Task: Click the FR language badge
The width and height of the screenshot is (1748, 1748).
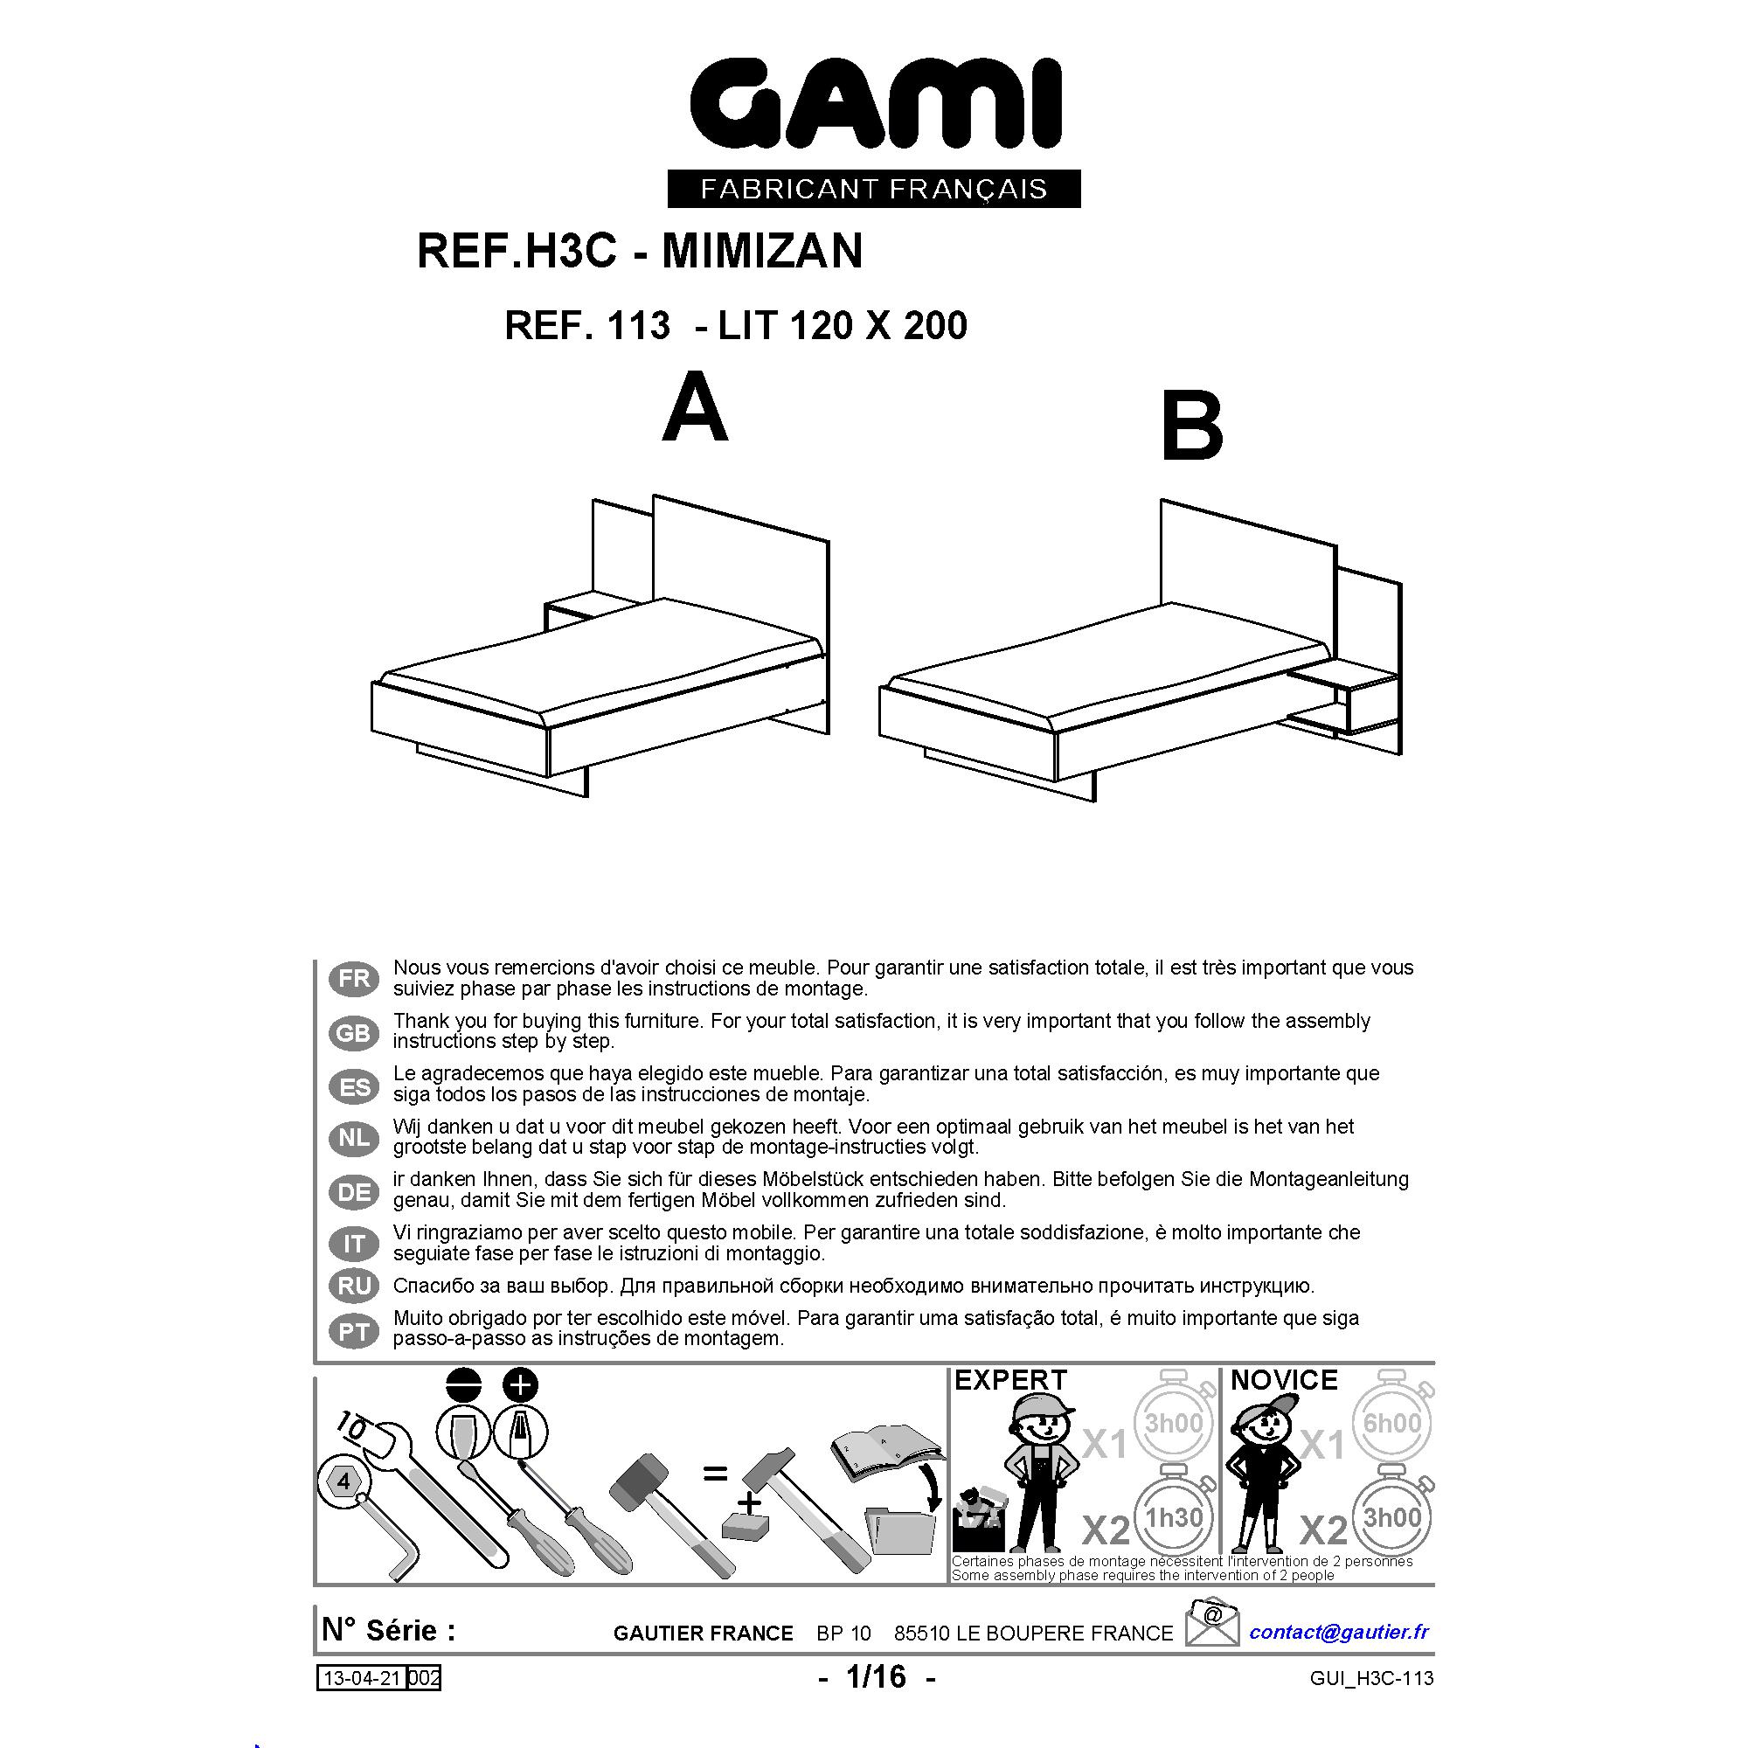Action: (x=355, y=979)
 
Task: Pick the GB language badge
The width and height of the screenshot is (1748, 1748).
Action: (x=355, y=1032)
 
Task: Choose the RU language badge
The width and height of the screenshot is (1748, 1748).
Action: (x=355, y=1286)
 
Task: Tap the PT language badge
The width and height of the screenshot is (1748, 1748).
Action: (x=355, y=1332)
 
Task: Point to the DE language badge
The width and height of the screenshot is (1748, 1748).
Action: (x=355, y=1192)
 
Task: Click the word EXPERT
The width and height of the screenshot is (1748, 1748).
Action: (x=1010, y=1381)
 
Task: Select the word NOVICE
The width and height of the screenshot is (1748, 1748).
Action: (x=1284, y=1381)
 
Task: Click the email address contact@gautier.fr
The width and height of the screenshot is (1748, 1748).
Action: (x=1339, y=1632)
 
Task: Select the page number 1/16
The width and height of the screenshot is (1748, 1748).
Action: (x=876, y=1676)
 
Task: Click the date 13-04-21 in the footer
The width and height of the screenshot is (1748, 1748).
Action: (x=362, y=1678)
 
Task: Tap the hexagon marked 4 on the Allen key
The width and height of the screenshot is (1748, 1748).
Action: (x=343, y=1482)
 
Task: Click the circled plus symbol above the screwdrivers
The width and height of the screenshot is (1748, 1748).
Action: (x=519, y=1385)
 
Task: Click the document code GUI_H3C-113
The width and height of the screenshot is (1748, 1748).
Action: (x=1371, y=1678)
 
